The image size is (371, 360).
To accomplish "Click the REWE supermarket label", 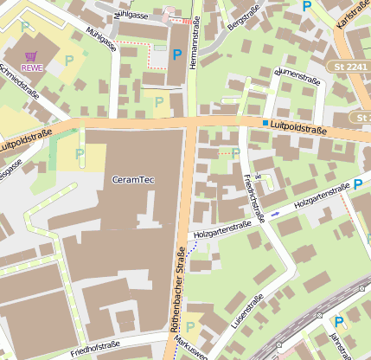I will point(32,67).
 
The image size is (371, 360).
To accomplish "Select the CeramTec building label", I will point(134,179).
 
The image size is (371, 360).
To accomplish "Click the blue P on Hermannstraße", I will point(177,55).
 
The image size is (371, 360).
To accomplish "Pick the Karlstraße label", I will point(352,16).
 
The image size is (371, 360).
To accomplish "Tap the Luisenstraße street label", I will point(251,312).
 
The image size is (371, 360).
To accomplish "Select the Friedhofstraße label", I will point(95,347).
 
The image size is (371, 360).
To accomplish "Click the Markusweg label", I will point(192,348).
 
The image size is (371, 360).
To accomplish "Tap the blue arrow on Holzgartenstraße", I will point(275,213).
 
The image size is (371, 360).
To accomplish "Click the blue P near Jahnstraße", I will point(338,322).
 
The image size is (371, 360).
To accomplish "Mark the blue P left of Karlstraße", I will point(306,5).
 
